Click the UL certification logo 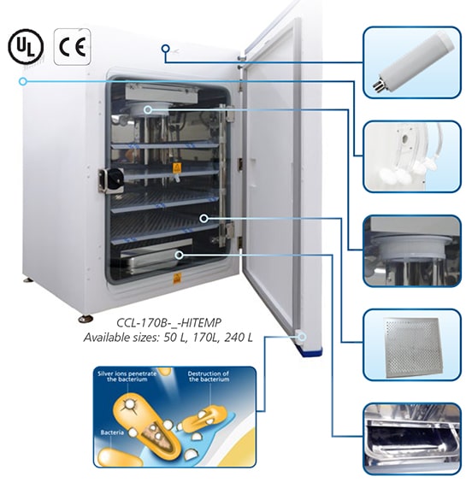pyautogui.click(x=26, y=46)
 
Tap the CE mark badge pyautogui.click(x=73, y=47)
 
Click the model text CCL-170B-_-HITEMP pyautogui.click(x=168, y=323)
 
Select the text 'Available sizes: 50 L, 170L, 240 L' pyautogui.click(x=168, y=338)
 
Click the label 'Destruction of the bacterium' pyautogui.click(x=209, y=377)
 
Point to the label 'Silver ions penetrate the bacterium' pyautogui.click(x=127, y=377)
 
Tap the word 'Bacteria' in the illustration pyautogui.click(x=113, y=432)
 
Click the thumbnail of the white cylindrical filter pyautogui.click(x=412, y=62)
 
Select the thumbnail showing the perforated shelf pyautogui.click(x=412, y=345)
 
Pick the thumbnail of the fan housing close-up pyautogui.click(x=412, y=251)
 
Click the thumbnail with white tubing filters pyautogui.click(x=412, y=156)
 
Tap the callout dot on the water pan pyautogui.click(x=179, y=255)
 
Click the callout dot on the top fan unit pyautogui.click(x=148, y=109)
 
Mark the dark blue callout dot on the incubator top pyautogui.click(x=166, y=48)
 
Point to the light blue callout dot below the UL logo pyautogui.click(x=22, y=81)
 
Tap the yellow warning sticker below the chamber pyautogui.click(x=176, y=279)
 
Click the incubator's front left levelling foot pyautogui.click(x=86, y=319)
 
